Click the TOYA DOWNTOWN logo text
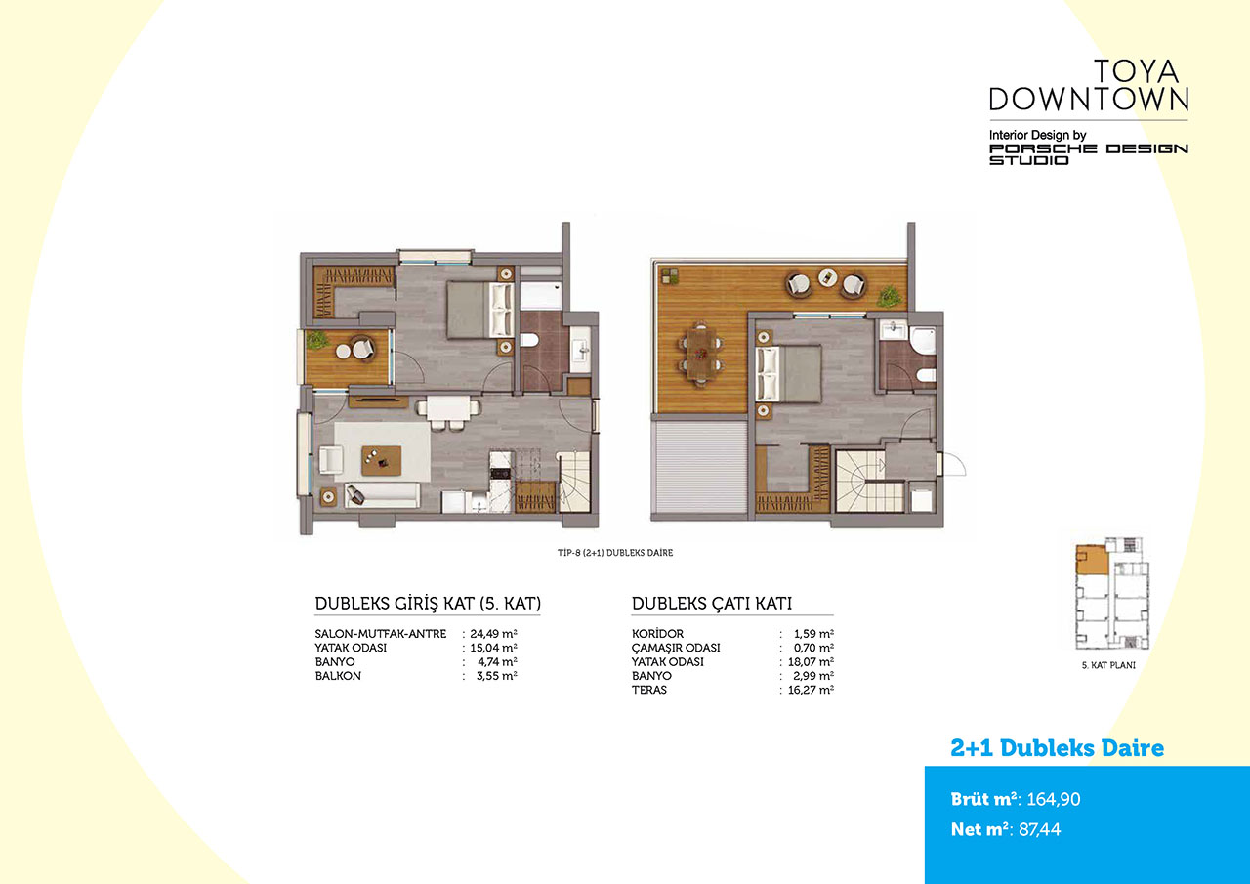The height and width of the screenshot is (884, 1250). [1089, 85]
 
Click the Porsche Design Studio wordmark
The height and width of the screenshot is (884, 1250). [1089, 154]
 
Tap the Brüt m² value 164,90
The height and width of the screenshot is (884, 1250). [1054, 799]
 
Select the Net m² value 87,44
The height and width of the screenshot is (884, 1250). [1040, 829]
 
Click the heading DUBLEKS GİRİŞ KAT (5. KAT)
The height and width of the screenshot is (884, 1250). [428, 604]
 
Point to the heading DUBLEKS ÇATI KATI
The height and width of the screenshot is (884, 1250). [712, 604]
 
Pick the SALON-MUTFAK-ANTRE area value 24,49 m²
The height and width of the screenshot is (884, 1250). [493, 633]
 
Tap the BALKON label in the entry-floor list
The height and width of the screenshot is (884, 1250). [338, 676]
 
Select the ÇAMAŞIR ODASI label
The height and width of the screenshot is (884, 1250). [676, 648]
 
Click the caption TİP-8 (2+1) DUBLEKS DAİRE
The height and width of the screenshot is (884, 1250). [615, 553]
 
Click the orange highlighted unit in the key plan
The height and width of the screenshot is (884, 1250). [1092, 560]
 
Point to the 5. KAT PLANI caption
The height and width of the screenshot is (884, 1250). [1108, 665]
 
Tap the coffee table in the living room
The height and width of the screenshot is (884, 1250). [381, 460]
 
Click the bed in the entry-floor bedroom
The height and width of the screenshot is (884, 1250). [479, 311]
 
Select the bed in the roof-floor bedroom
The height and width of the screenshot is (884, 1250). [788, 374]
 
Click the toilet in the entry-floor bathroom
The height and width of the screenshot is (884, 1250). [528, 339]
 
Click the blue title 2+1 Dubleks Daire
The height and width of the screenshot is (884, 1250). [1057, 748]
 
